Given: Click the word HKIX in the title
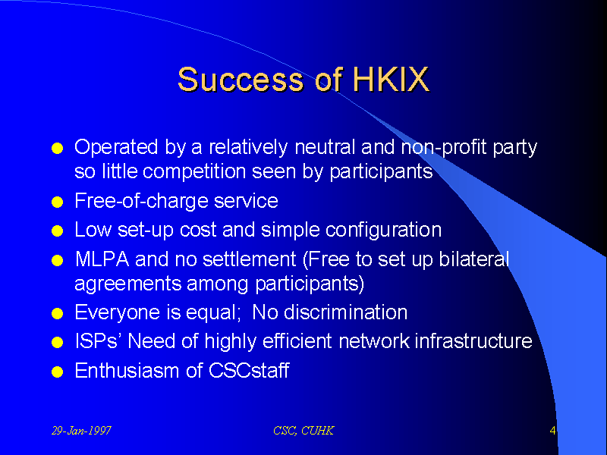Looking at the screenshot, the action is [391, 80].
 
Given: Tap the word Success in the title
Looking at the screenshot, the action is [241, 80].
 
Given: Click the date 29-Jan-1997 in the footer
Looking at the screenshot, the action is [81, 431].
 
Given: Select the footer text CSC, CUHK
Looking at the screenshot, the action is [303, 431].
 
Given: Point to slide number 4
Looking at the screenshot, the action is [553, 430].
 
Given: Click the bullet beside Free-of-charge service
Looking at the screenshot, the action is [58, 202].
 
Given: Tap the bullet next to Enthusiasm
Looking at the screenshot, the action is [58, 372].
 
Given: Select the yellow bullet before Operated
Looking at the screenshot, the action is [58, 148].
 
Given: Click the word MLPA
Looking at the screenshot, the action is [102, 259].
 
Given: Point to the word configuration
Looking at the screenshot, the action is [384, 231].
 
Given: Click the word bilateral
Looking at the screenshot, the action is [473, 259].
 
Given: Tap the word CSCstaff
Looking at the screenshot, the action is [249, 371].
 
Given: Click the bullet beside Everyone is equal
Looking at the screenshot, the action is [58, 313].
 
